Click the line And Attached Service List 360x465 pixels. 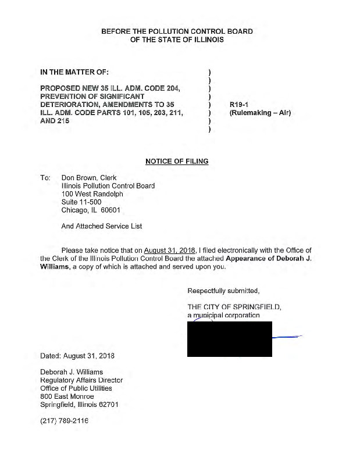point(101,226)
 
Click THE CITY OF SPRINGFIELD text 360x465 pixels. point(234,307)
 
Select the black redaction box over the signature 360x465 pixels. point(229,338)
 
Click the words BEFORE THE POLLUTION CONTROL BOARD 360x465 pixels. point(177,31)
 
